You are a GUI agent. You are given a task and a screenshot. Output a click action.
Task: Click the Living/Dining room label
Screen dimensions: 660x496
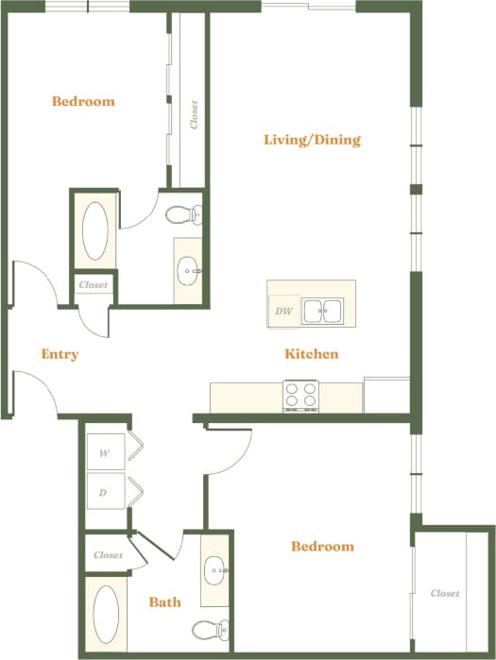[312, 141]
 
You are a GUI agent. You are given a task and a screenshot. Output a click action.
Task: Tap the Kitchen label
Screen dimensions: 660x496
[312, 355]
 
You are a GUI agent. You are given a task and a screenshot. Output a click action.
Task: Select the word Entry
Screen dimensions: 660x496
[60, 355]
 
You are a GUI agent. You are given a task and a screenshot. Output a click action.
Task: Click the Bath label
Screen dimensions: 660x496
[165, 601]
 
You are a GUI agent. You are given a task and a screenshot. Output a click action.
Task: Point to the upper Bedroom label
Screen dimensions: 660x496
[83, 102]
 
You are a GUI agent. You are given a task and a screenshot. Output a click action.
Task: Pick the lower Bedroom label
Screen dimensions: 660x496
[322, 547]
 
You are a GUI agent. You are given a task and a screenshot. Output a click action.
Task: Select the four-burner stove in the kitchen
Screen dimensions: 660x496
[301, 396]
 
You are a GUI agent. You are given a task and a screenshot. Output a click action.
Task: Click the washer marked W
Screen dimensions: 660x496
[105, 453]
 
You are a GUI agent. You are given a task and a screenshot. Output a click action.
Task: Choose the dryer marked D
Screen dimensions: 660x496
[105, 491]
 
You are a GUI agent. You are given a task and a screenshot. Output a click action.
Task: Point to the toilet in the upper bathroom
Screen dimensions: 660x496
[183, 215]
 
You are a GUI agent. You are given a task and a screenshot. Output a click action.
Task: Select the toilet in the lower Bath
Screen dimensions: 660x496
[208, 630]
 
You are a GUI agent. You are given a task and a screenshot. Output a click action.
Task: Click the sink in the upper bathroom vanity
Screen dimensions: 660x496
[189, 271]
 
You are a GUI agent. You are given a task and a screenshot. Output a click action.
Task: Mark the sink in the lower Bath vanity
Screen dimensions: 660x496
[215, 569]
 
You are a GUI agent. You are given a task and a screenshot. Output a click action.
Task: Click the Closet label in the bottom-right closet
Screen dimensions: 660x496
[445, 594]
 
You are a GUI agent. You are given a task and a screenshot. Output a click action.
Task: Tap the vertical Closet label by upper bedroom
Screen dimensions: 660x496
[194, 114]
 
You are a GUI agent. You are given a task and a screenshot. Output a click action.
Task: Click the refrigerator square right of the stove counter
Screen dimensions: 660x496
[387, 394]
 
